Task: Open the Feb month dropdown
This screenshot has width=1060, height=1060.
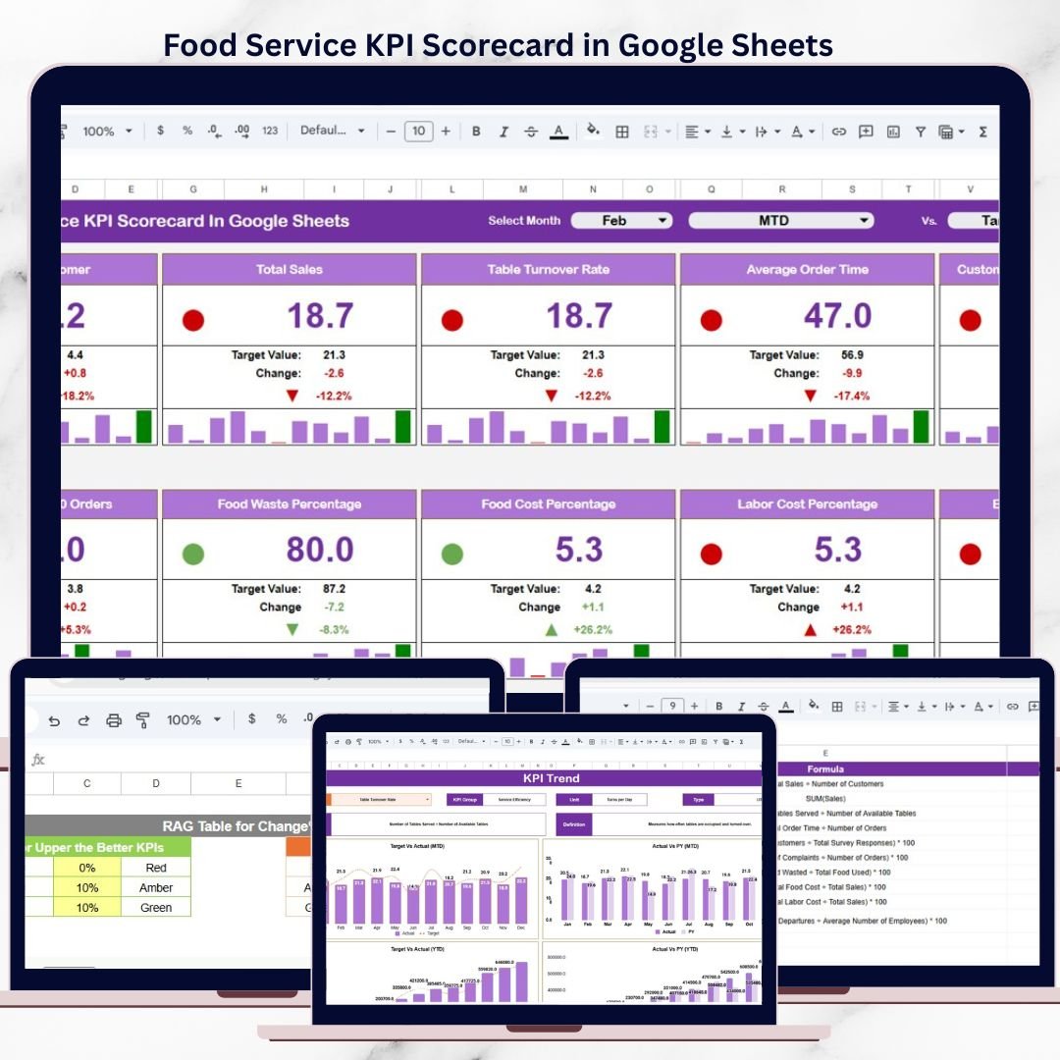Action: coord(621,221)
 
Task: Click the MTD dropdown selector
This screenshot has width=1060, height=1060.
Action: coord(780,221)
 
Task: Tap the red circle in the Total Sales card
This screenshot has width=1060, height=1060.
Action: coord(193,320)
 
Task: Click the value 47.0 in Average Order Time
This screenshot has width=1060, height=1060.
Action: coord(837,316)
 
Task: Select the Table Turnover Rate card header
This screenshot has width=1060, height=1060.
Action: coord(548,269)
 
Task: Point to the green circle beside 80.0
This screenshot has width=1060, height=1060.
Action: coord(193,554)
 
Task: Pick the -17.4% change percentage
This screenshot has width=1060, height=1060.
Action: coord(851,396)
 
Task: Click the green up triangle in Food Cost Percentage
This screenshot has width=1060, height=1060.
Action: coord(551,629)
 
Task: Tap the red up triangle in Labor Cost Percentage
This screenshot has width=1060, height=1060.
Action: coord(810,629)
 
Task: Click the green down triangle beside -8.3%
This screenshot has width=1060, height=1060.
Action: coord(291,629)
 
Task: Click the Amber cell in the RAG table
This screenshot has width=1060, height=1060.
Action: coord(155,887)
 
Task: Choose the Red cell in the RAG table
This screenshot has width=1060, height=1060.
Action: coord(155,868)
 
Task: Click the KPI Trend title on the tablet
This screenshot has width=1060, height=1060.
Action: coord(551,778)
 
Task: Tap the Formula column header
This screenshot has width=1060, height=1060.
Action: coord(824,769)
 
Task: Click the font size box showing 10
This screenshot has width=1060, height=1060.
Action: coord(418,132)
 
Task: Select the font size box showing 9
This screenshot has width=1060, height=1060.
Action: coord(672,706)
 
